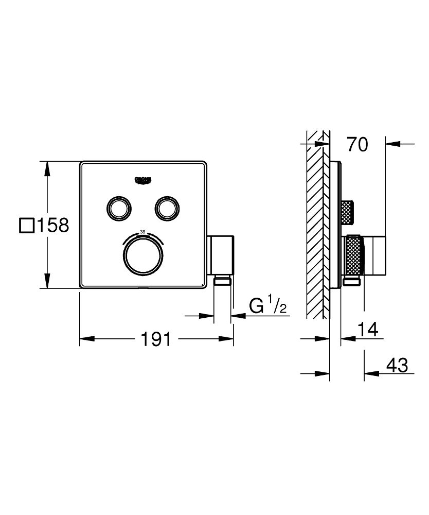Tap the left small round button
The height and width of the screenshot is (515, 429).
119,208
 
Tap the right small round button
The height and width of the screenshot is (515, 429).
167,208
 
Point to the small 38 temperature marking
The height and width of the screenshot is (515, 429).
143,232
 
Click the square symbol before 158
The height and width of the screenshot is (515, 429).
26,226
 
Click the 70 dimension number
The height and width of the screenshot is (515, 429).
357,145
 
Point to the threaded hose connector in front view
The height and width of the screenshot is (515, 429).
222,280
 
